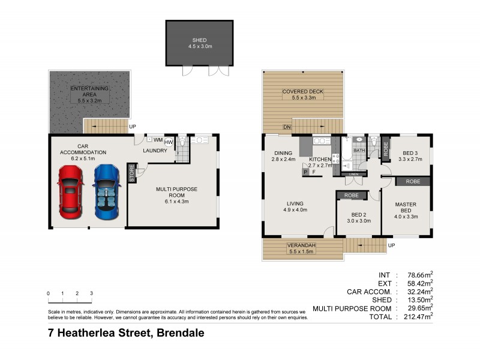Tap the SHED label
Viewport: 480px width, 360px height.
(x=199, y=41)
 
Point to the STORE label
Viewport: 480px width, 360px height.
(x=132, y=173)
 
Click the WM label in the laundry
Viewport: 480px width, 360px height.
(x=158, y=140)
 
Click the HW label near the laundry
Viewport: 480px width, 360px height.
(x=169, y=142)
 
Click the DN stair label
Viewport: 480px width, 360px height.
(x=287, y=127)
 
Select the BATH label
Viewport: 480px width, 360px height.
(x=359, y=150)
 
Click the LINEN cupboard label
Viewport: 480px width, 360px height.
(x=354, y=174)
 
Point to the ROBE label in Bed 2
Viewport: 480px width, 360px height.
(x=351, y=196)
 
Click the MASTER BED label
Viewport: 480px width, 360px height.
(x=405, y=205)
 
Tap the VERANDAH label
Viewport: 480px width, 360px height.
(x=301, y=245)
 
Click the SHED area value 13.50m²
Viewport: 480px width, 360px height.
(x=418, y=300)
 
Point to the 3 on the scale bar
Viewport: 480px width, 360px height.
(x=91, y=293)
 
